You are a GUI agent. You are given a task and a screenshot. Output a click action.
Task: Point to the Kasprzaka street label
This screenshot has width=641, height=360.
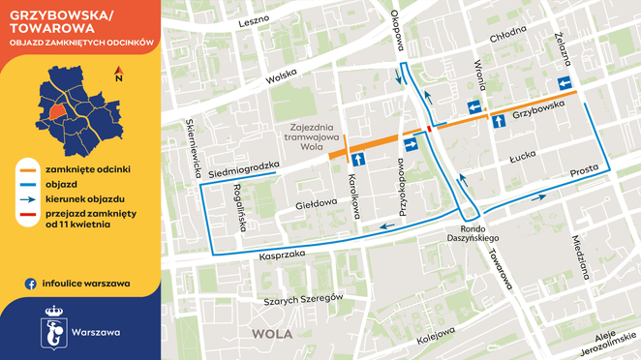(282, 254)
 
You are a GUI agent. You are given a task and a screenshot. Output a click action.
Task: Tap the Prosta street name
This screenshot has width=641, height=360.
(584, 170)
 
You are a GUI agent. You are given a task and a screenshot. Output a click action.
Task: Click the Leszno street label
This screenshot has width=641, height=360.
(252, 19)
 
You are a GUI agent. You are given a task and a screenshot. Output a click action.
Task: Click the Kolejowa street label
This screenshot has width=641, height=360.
(435, 338)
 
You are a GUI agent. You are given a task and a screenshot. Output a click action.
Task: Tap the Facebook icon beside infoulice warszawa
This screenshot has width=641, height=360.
(31, 284)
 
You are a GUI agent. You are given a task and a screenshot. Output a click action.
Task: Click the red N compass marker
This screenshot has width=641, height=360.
(118, 71)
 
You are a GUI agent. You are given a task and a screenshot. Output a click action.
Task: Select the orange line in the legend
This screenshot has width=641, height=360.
(31, 168)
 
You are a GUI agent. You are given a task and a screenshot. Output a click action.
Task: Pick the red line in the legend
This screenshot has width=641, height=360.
(31, 213)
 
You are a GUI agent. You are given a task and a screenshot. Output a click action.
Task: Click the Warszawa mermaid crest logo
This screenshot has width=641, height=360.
(55, 332)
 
